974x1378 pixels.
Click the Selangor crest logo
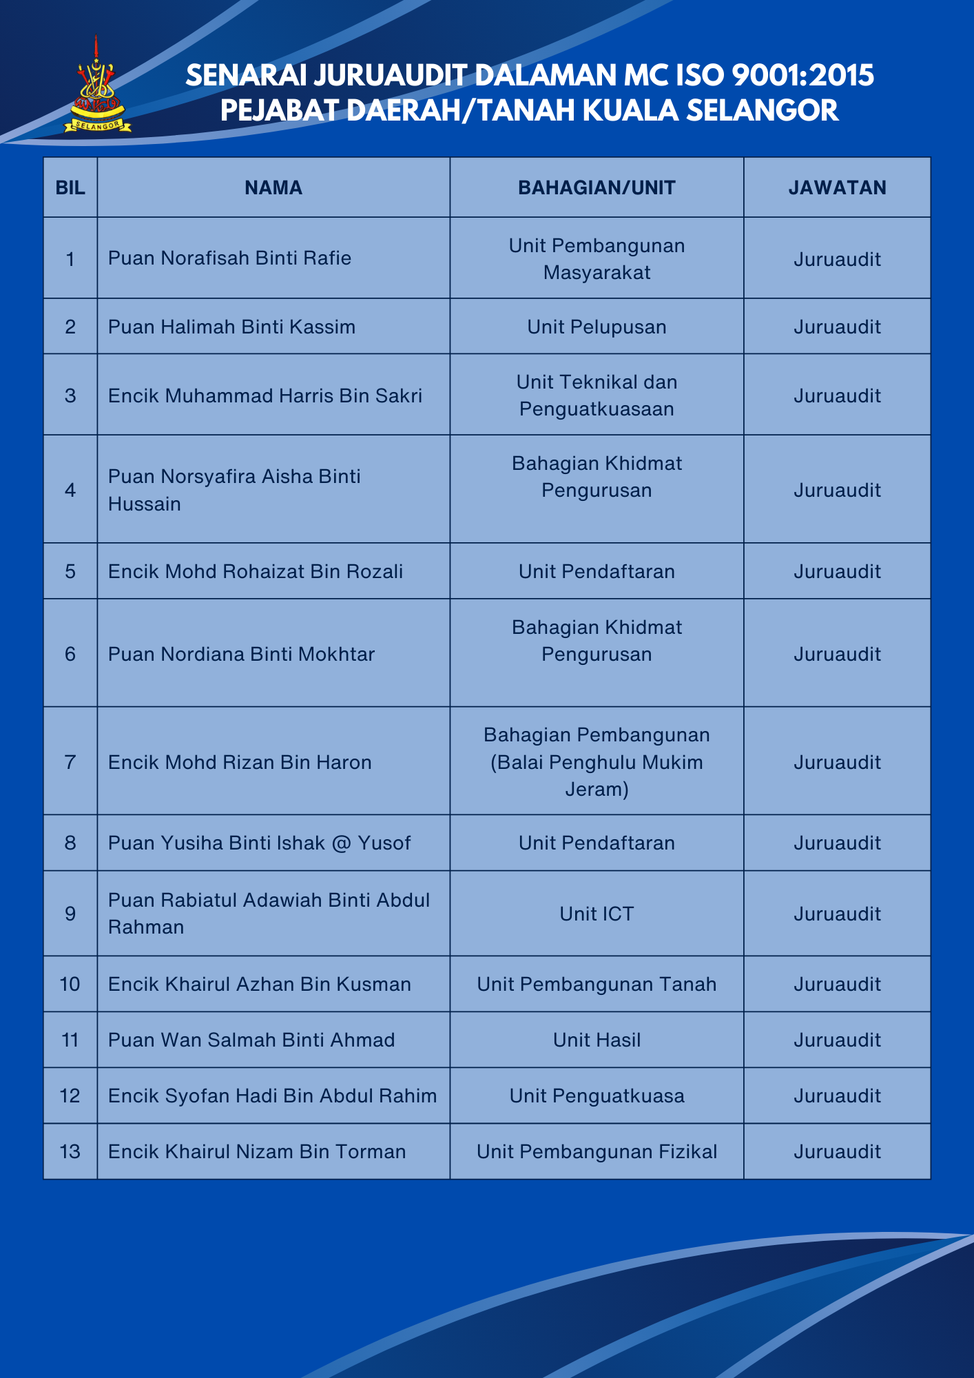point(97,87)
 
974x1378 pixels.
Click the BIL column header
point(70,188)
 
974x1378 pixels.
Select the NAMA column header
point(273,188)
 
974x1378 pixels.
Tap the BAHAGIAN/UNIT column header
point(597,188)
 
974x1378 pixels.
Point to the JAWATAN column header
point(837,188)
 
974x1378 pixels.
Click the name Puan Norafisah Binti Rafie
point(229,258)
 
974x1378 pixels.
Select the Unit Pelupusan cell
point(597,327)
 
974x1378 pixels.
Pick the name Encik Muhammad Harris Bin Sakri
point(265,395)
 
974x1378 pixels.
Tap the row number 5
point(70,571)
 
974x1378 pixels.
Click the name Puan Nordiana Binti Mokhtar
point(241,654)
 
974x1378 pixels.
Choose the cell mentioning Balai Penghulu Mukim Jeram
point(597,762)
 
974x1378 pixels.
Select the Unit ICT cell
point(597,914)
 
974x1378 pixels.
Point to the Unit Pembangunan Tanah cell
point(597,984)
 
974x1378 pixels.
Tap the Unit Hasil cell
point(597,1040)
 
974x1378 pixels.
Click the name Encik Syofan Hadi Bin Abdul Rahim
point(272,1096)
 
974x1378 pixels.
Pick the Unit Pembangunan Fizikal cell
point(597,1151)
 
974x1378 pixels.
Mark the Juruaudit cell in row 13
point(837,1151)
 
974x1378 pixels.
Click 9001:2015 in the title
point(802,75)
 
